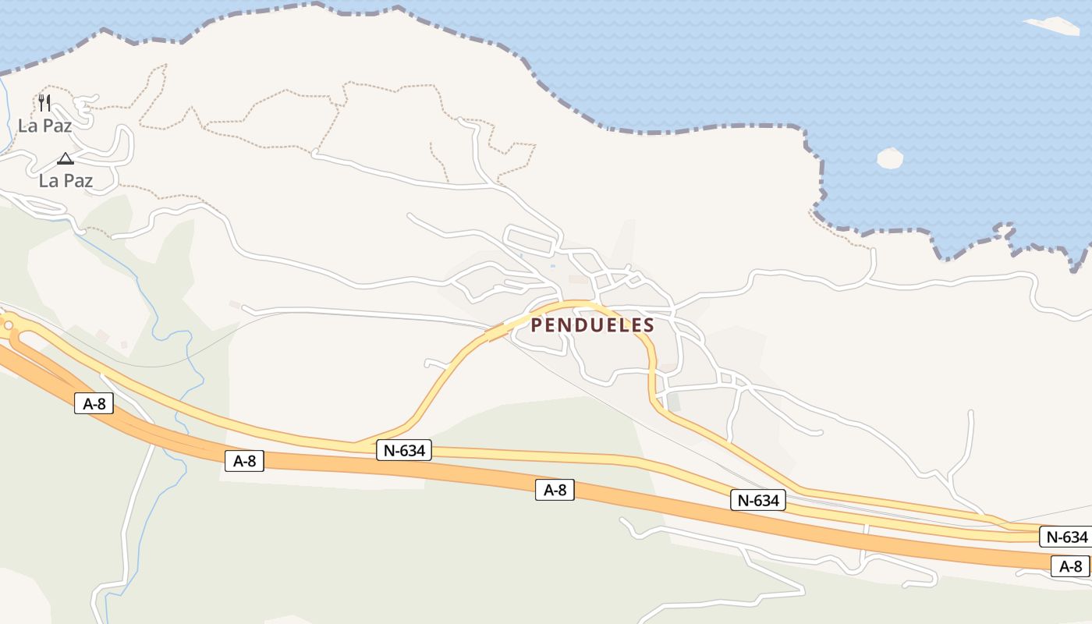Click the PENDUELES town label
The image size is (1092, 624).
pos(592,325)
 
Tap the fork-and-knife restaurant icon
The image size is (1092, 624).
pos(44,103)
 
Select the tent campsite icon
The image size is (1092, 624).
pos(66,159)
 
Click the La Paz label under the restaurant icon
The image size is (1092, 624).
pos(44,126)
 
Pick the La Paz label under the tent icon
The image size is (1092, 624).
pos(66,181)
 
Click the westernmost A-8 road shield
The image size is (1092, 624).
pos(94,403)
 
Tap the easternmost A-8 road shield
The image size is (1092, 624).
pos(1070,567)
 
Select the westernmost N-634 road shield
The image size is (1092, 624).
pos(404,450)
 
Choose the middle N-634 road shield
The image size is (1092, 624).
pos(757,501)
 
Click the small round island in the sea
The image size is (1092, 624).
pos(890,158)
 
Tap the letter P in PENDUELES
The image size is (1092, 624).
pos(537,325)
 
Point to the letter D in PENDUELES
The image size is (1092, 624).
pos(577,325)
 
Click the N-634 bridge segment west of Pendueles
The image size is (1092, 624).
pos(499,331)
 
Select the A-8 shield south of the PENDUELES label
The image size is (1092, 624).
pos(555,490)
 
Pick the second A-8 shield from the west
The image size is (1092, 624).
pos(244,461)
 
